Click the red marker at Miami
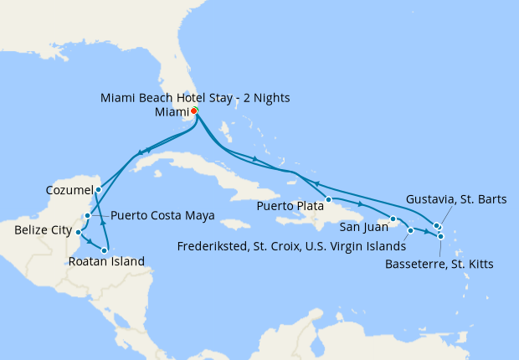pyautogui.click(x=193, y=111)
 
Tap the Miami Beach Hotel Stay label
pyautogui.click(x=195, y=98)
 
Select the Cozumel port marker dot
pyautogui.click(x=98, y=189)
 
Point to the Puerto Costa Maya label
pyautogui.click(x=162, y=215)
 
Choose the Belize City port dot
pyautogui.click(x=78, y=232)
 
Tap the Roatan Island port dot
pyautogui.click(x=105, y=250)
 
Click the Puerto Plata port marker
pyautogui.click(x=329, y=199)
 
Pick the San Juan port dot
pyautogui.click(x=392, y=219)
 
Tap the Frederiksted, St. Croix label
pyautogui.click(x=291, y=246)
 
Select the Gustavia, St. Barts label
pyautogui.click(x=455, y=199)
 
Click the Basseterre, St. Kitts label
pyautogui.click(x=439, y=265)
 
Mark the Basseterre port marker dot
pyautogui.click(x=440, y=237)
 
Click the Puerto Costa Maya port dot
pyautogui.click(x=88, y=216)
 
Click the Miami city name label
pyautogui.click(x=171, y=112)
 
